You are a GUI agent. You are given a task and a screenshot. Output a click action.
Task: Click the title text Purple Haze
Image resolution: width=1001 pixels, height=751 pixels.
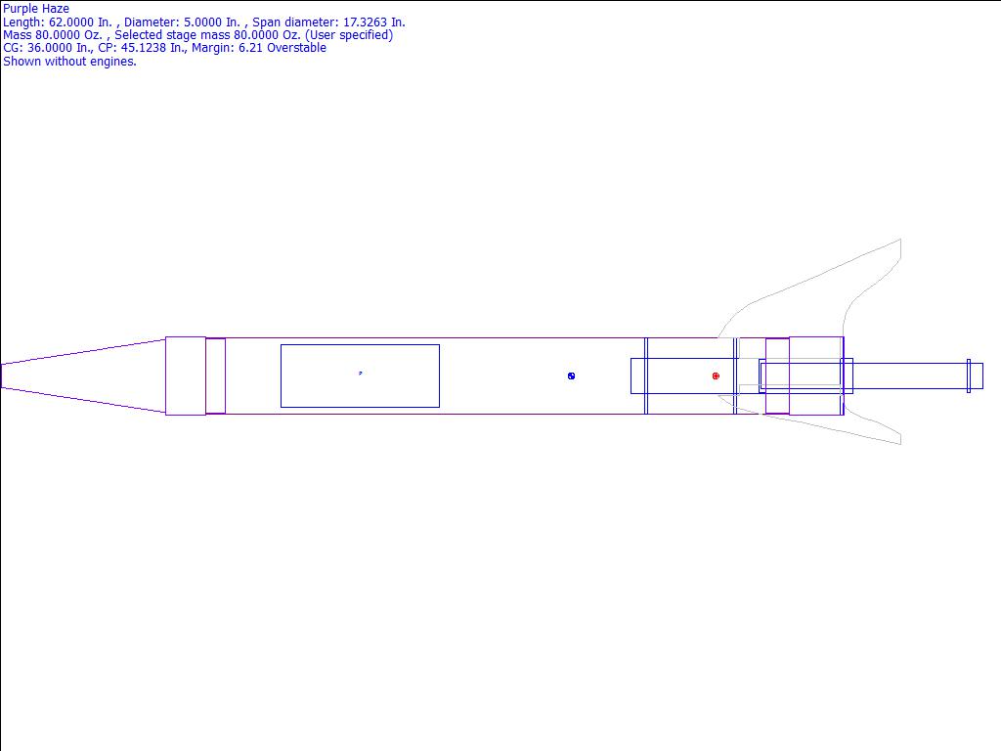point(36,9)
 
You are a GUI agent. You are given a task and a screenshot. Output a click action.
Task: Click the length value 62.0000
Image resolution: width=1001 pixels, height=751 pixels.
point(71,22)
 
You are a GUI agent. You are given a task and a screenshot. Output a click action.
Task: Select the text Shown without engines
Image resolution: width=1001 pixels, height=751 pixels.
point(69,62)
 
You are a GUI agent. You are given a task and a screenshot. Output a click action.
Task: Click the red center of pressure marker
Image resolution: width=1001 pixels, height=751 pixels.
point(716,376)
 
